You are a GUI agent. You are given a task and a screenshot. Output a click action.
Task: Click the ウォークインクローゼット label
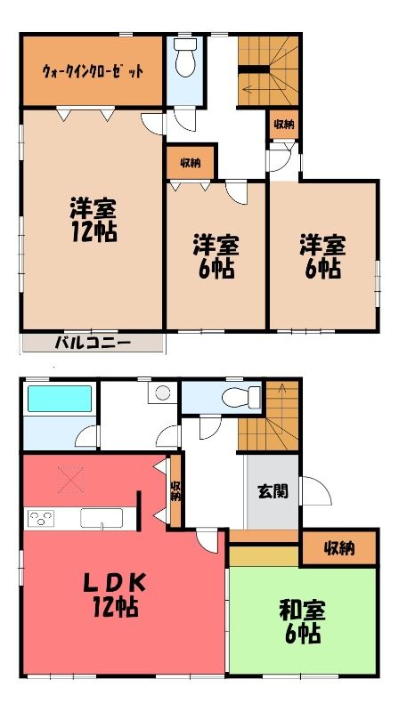(93, 71)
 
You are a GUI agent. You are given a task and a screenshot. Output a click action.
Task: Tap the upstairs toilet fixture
(185, 57)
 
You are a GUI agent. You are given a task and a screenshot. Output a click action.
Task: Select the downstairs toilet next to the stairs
(241, 397)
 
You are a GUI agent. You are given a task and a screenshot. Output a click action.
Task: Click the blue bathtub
(60, 399)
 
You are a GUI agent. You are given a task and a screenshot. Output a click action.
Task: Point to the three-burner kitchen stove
(41, 518)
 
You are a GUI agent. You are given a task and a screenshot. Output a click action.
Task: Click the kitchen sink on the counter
(102, 518)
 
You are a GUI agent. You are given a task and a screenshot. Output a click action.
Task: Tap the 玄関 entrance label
(273, 491)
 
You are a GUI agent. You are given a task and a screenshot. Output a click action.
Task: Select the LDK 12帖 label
(115, 595)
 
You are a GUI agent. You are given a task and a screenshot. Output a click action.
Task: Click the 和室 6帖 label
(302, 622)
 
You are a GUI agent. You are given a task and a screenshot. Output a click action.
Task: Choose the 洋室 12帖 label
(94, 219)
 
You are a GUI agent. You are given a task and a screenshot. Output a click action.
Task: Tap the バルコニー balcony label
(93, 343)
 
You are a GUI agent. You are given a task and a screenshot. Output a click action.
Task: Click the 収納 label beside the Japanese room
(339, 549)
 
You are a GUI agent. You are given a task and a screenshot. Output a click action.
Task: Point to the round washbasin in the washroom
(162, 392)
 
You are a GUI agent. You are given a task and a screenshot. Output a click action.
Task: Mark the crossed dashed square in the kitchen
(70, 480)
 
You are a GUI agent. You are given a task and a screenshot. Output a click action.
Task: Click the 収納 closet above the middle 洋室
(191, 163)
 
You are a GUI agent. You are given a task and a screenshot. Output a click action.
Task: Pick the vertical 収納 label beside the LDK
(175, 492)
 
